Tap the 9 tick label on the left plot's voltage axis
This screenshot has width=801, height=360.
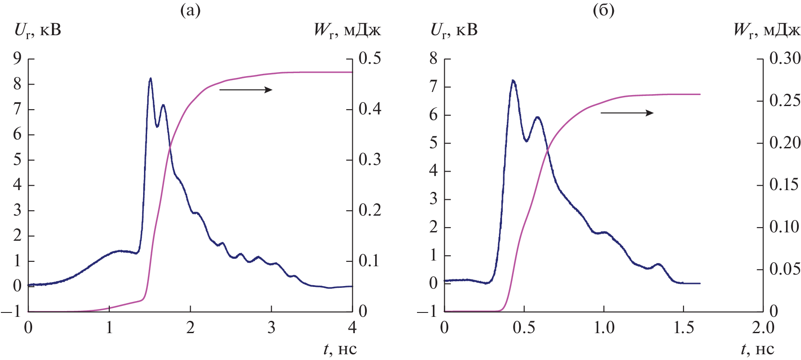17,58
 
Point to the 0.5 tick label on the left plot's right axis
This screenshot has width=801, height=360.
369,58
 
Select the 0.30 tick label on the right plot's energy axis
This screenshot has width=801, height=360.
785,58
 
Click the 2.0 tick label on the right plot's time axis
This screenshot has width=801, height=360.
763,328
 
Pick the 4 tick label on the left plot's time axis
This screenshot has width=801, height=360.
352,328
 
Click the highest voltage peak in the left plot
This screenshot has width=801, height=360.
151,79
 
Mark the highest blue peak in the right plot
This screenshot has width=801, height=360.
513,81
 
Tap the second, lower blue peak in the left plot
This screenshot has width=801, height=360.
163,105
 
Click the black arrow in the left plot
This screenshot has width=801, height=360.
246,90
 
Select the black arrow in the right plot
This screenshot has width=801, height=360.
627,113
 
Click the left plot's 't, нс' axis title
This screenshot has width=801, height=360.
340,349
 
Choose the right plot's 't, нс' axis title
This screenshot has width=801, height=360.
757,349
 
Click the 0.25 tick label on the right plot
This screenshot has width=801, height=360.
785,101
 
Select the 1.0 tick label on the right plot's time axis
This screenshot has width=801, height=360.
604,328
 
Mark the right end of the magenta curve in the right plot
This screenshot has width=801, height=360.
700,94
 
